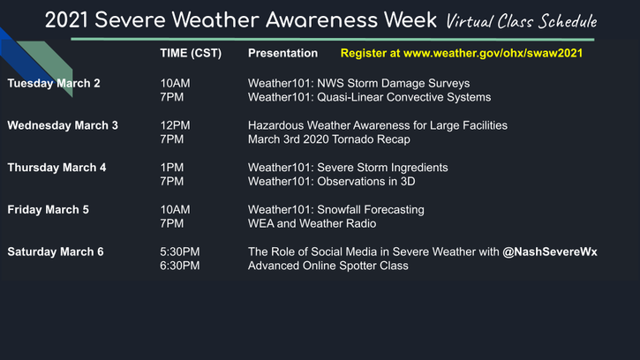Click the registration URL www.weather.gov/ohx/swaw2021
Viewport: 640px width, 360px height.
point(493,54)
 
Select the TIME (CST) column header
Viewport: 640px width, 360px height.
point(191,54)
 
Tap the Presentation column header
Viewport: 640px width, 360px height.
point(282,53)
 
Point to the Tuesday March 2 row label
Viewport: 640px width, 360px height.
point(54,83)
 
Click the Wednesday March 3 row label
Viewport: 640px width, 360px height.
point(63,125)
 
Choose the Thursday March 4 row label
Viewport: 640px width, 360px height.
point(56,168)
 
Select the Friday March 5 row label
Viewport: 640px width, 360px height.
point(49,210)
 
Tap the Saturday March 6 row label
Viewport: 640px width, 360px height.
point(56,251)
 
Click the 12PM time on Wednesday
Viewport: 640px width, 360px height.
point(175,125)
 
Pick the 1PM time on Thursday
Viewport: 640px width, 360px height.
point(172,168)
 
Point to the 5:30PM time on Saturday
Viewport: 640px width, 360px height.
point(180,251)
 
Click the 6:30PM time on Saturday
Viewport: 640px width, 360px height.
point(180,266)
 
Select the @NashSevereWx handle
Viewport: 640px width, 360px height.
point(550,251)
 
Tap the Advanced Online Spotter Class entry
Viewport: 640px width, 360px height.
point(328,266)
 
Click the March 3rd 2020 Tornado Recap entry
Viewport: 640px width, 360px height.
point(329,139)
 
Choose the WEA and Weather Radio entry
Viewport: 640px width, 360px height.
point(312,223)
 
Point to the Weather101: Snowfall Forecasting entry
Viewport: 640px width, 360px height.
point(336,210)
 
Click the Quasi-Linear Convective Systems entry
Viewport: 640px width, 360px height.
point(404,97)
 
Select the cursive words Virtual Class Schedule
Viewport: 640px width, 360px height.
point(521,21)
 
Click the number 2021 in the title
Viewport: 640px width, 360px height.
point(66,20)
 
